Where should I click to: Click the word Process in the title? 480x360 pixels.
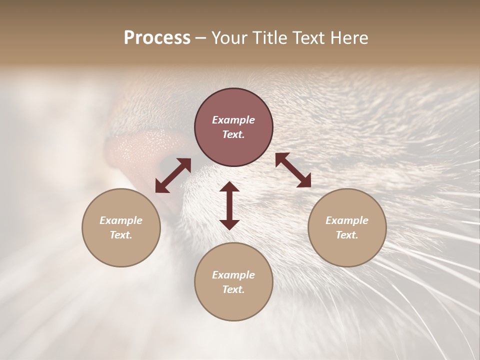[157, 38]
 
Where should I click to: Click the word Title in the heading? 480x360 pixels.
[269, 38]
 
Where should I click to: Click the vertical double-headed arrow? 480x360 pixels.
[229, 205]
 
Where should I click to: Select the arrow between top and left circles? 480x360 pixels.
[173, 175]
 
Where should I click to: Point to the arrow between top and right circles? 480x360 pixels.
[293, 170]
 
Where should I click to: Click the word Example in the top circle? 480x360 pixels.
[233, 120]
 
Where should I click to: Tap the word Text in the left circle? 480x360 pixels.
[121, 235]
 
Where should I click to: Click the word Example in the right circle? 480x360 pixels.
[347, 220]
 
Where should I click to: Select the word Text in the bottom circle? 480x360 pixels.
[233, 289]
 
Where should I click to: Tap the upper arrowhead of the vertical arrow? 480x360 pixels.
[229, 187]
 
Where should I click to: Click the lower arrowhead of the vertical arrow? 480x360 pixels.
[229, 224]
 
